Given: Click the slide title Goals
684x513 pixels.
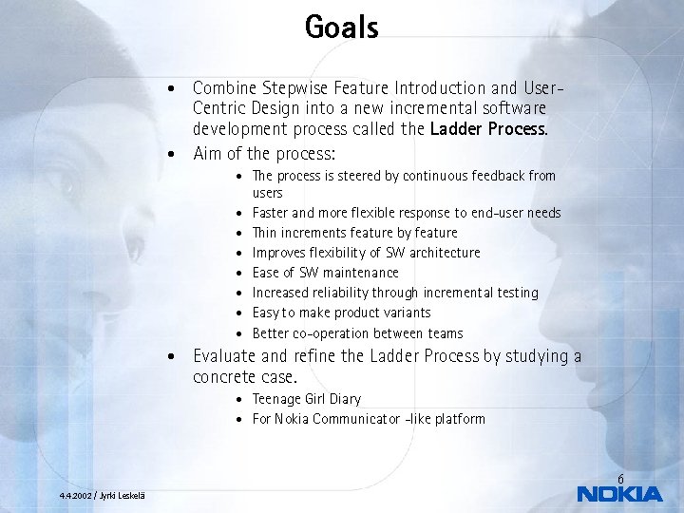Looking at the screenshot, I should point(341,27).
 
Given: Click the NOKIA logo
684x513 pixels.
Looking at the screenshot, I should point(619,494).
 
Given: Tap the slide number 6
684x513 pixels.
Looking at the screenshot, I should point(620,478).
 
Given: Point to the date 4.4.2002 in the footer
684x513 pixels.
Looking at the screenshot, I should point(76,496).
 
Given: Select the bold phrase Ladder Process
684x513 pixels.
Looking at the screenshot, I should point(488,129).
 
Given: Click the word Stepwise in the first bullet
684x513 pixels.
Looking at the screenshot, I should point(292,88).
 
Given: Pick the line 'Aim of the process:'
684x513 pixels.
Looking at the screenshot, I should point(264,153).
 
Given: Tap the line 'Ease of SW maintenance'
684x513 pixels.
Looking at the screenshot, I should point(325,273).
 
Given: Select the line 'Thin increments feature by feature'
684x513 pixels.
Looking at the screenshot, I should point(354,233).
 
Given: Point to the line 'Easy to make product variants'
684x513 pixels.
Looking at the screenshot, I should point(341,313).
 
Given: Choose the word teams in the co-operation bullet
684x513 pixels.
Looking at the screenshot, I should point(446,333).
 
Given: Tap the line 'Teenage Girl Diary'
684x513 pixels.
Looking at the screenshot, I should point(306,399).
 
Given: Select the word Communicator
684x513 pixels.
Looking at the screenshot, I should point(365,419).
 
